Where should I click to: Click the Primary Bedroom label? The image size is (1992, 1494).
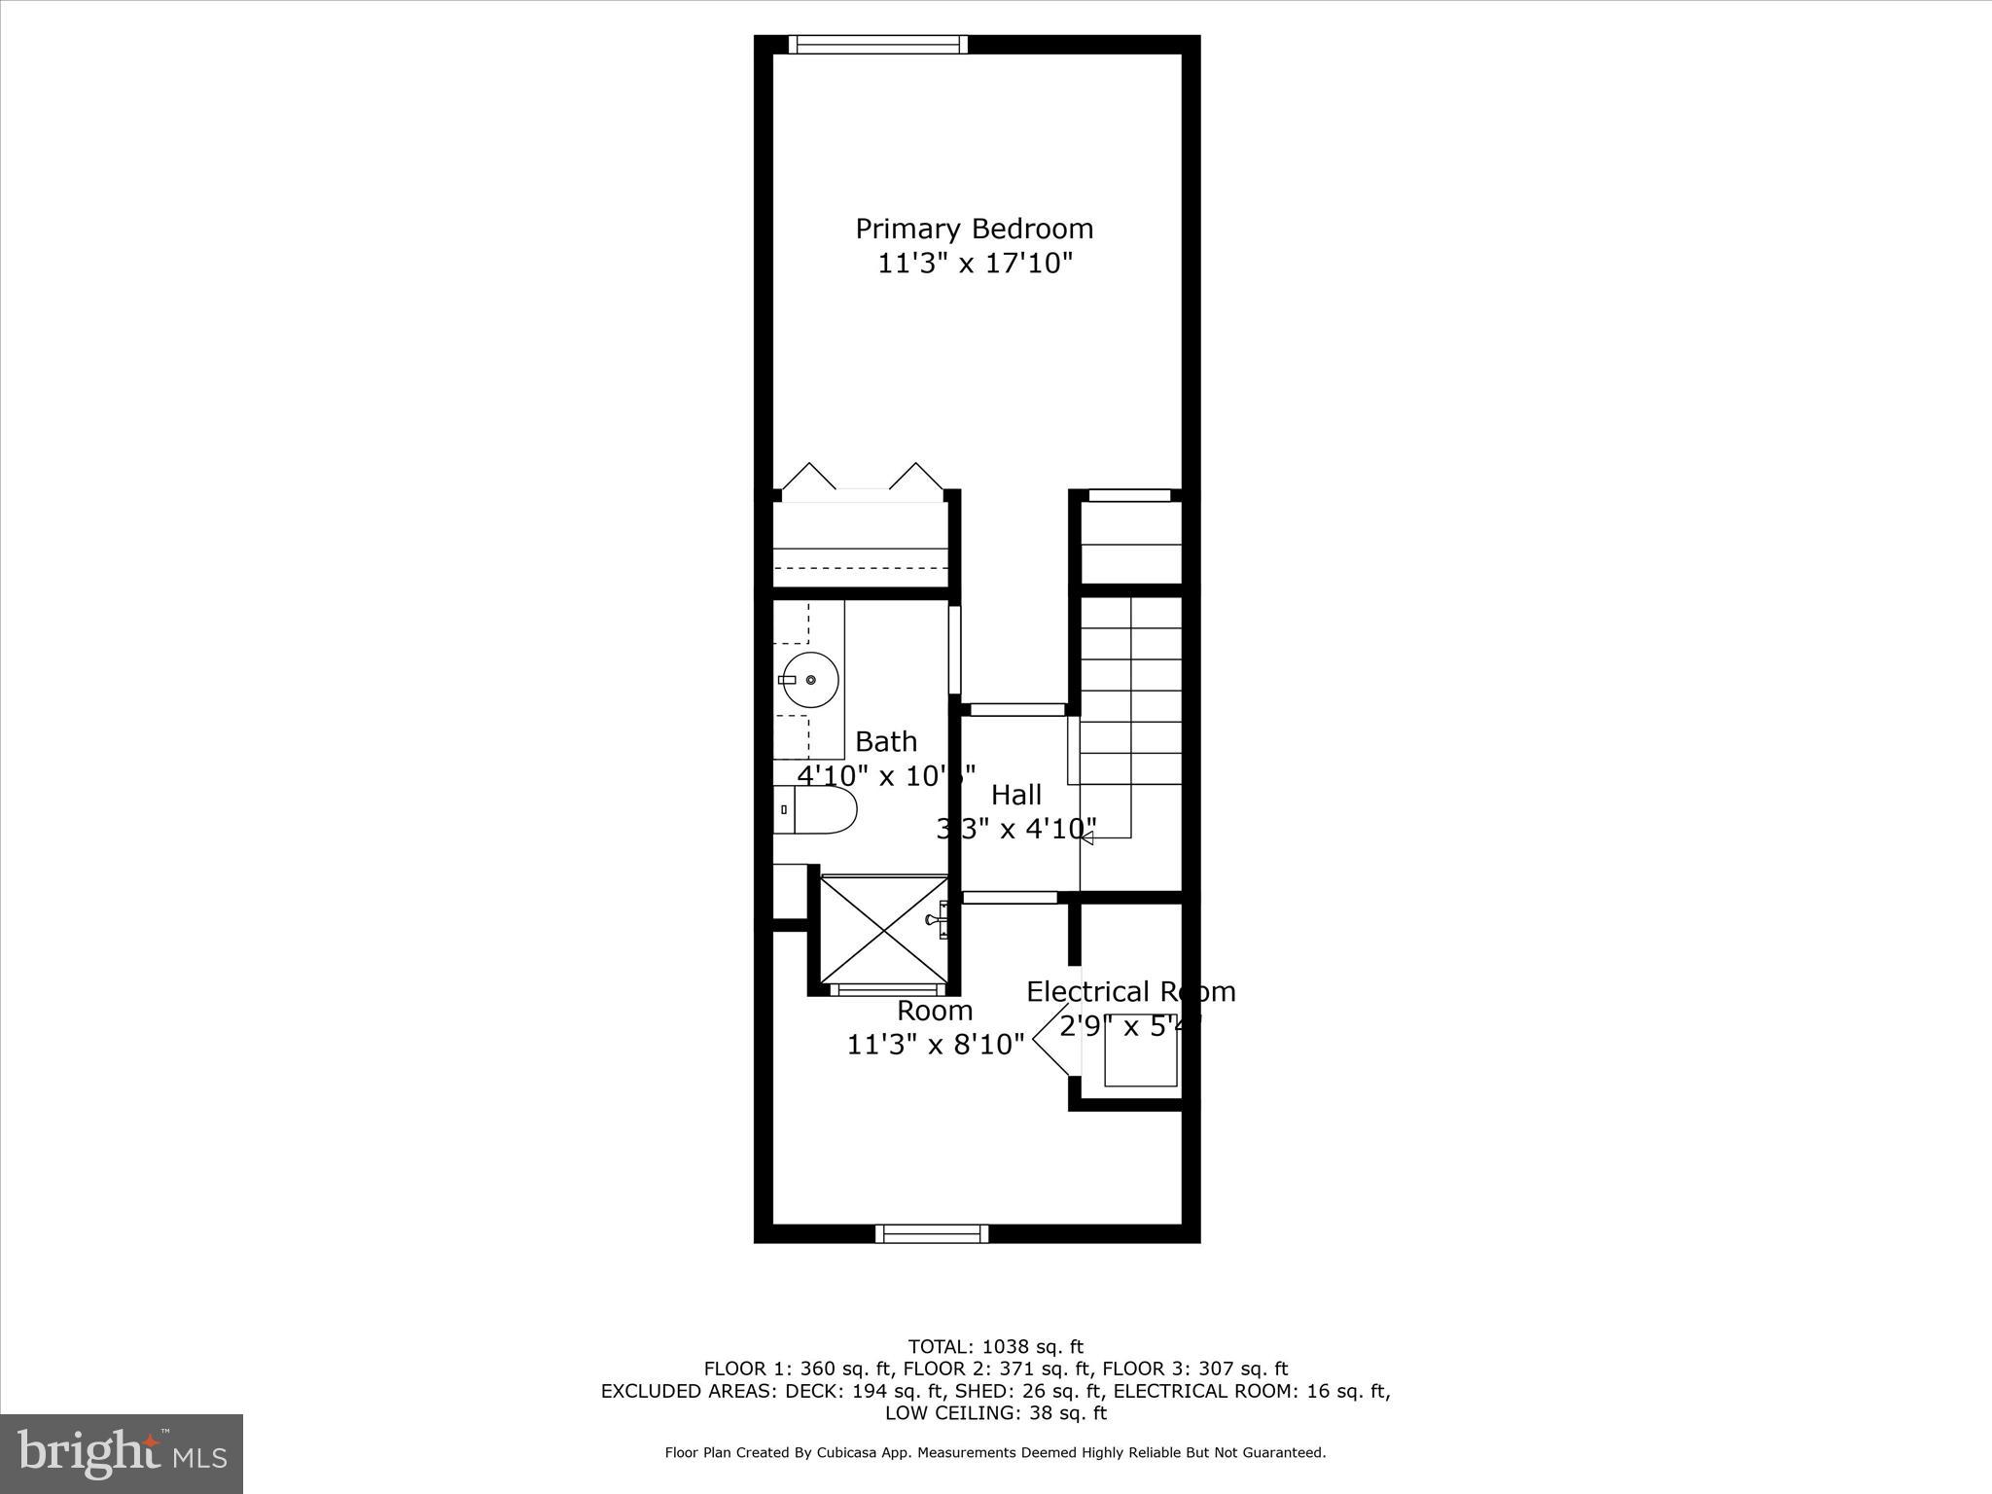click(x=974, y=229)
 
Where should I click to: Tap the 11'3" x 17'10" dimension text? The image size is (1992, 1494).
click(x=975, y=264)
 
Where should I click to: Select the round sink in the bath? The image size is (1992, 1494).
click(x=811, y=680)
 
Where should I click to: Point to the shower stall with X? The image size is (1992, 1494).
click(x=883, y=930)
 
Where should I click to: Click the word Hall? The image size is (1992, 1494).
click(x=1015, y=795)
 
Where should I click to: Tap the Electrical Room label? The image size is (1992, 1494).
click(x=1130, y=992)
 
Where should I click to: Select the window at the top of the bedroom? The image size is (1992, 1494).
click(x=877, y=44)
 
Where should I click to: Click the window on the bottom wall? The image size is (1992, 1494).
click(x=932, y=1233)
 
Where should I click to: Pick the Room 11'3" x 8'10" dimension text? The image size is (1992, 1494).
click(x=935, y=1045)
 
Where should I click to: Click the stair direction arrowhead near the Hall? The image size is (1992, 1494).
click(x=1086, y=837)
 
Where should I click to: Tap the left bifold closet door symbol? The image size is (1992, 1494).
click(x=808, y=477)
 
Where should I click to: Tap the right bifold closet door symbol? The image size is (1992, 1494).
click(x=916, y=477)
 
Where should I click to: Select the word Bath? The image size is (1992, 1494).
click(x=885, y=742)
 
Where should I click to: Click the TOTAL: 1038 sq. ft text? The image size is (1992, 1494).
click(x=995, y=1347)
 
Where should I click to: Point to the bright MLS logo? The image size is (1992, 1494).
click(x=122, y=1454)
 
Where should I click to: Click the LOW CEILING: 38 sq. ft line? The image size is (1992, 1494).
click(x=995, y=1413)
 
